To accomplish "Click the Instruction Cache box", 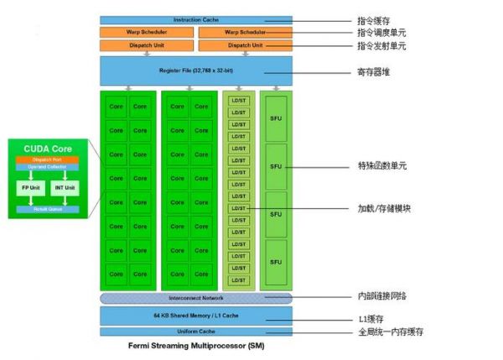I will (195, 19).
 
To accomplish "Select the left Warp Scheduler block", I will (147, 33).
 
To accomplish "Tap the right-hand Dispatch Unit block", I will (245, 44).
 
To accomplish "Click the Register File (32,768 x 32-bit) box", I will (195, 70).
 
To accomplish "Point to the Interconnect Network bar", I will (195, 298).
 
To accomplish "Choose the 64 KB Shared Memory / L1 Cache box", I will (195, 315).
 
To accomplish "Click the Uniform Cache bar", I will (195, 331).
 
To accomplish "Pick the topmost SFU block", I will (274, 117).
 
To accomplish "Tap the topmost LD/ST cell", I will (238, 100).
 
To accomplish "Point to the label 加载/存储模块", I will (381, 208).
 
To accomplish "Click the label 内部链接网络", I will (381, 297).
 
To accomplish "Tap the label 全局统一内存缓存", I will (390, 332).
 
